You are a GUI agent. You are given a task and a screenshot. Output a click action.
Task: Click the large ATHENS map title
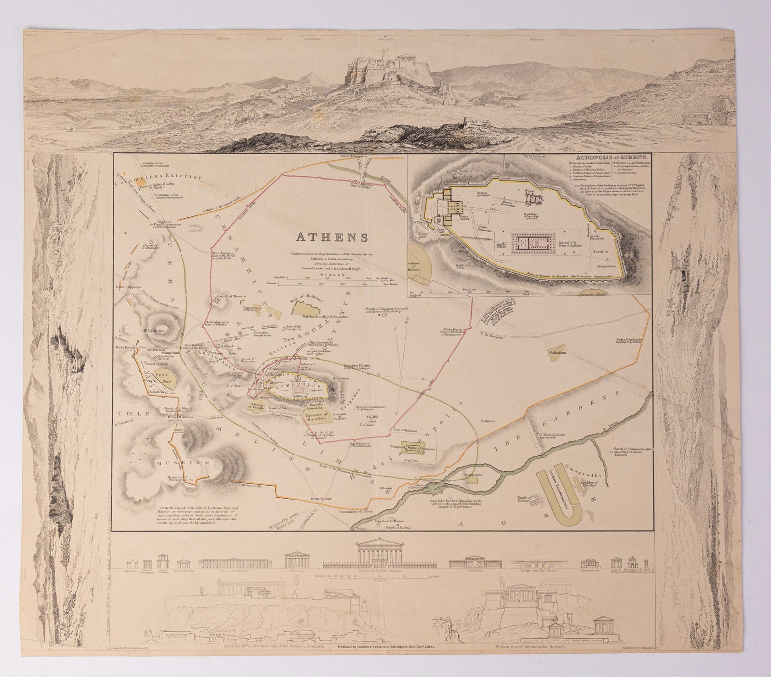332,238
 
